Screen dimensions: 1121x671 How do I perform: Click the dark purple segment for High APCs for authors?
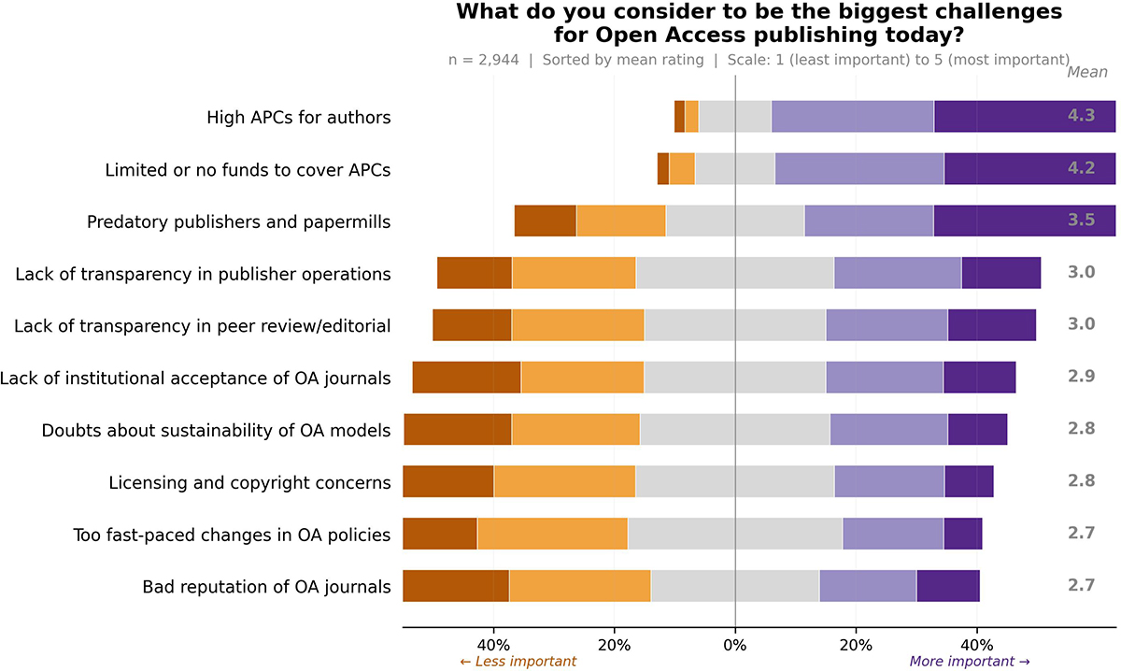point(1025,116)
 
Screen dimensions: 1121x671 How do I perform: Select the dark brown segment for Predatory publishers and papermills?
point(546,221)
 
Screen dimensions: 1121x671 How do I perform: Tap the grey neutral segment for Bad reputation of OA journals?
point(735,585)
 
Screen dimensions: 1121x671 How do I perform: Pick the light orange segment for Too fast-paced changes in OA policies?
point(552,534)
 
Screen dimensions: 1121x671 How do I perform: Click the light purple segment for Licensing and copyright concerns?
point(889,481)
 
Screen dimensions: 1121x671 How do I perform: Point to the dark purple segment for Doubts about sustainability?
point(977,429)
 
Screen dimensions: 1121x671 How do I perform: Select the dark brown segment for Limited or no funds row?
point(663,169)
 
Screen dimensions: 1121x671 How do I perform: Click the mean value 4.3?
point(1082,116)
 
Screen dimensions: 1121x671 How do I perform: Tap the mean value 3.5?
point(1082,220)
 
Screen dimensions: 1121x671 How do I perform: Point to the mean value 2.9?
point(1082,376)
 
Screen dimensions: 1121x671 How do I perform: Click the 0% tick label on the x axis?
point(735,645)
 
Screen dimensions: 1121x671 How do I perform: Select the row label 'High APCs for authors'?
point(299,117)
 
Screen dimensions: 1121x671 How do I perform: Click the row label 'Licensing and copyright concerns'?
point(249,483)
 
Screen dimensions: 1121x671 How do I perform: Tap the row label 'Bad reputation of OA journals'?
point(267,586)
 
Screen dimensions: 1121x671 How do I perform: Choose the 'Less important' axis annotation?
point(518,662)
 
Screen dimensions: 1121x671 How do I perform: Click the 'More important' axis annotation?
point(970,662)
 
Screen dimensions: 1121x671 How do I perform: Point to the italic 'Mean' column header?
point(1087,72)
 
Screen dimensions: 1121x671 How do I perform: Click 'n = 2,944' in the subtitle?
point(484,60)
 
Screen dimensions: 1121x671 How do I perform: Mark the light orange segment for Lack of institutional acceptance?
point(583,377)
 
